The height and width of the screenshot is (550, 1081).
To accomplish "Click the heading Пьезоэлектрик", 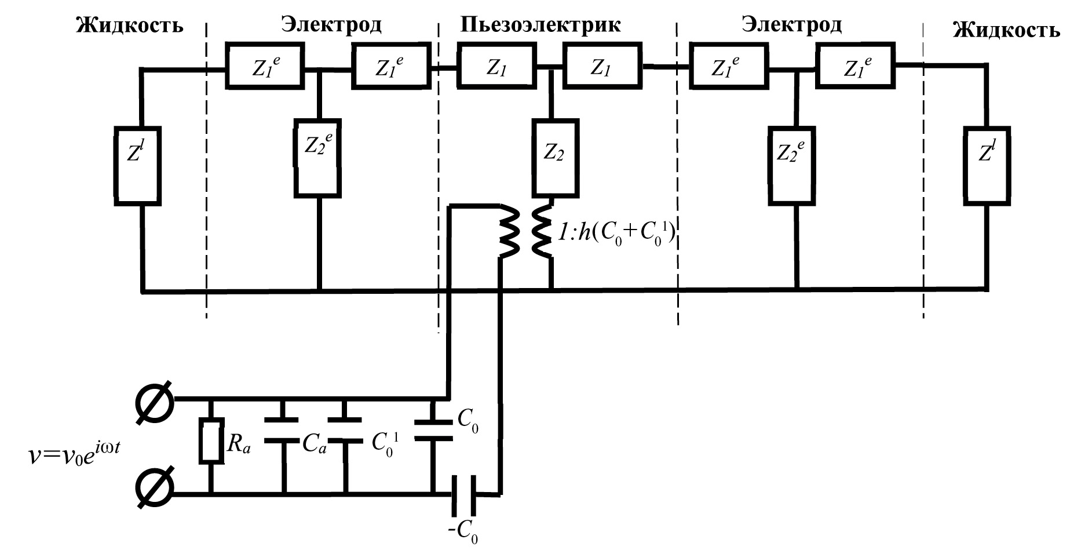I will [540, 24].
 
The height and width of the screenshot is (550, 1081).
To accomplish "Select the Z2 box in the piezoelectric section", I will [554, 157].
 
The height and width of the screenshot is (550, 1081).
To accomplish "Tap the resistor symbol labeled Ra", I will [211, 441].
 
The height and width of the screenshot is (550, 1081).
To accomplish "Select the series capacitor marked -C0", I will [463, 494].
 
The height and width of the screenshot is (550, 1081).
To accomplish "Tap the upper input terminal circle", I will [155, 399].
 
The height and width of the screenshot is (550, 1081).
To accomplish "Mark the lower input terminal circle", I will [155, 489].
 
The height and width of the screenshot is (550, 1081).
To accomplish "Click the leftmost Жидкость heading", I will [130, 26].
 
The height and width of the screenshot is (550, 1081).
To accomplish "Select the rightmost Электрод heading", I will [792, 24].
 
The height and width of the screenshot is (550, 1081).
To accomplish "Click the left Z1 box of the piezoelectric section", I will [494, 68].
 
